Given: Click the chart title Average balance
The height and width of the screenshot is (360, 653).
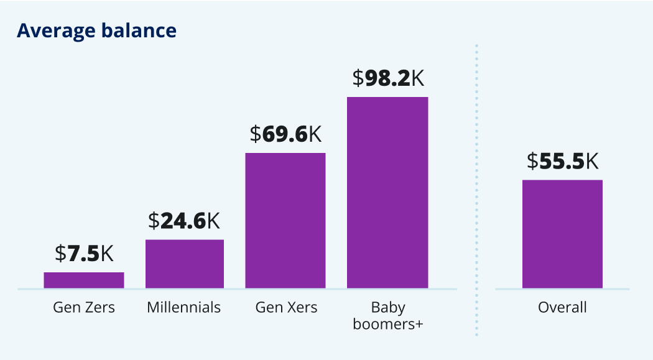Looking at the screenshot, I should click(96, 30).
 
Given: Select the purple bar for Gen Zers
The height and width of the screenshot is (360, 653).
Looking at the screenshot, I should click(84, 280).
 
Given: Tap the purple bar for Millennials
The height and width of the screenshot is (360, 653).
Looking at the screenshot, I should click(185, 264).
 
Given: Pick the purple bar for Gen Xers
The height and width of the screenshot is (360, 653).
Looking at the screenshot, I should click(285, 220).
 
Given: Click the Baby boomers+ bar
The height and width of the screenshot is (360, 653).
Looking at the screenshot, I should click(387, 192).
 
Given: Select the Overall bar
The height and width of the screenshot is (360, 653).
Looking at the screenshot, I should click(562, 234).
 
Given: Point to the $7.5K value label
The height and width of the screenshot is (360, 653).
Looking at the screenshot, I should click(84, 253).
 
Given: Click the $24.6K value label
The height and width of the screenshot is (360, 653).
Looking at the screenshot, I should click(184, 221).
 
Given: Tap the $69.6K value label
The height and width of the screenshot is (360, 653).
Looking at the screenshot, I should click(285, 134).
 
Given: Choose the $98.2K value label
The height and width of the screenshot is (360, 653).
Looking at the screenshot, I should click(388, 78).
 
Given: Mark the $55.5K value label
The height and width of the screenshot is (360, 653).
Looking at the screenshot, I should click(562, 161).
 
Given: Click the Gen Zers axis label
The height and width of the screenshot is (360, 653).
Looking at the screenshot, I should click(84, 307).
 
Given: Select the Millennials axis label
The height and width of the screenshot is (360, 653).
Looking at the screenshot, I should click(184, 307).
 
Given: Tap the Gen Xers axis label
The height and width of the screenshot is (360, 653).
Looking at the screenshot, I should click(286, 307).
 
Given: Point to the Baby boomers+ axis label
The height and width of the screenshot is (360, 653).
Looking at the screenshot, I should click(388, 315).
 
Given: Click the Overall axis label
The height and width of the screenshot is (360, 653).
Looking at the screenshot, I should click(562, 307).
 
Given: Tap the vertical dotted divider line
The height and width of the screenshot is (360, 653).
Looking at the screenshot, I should click(476, 187).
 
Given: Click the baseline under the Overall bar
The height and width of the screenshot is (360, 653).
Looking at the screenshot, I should click(562, 289).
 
